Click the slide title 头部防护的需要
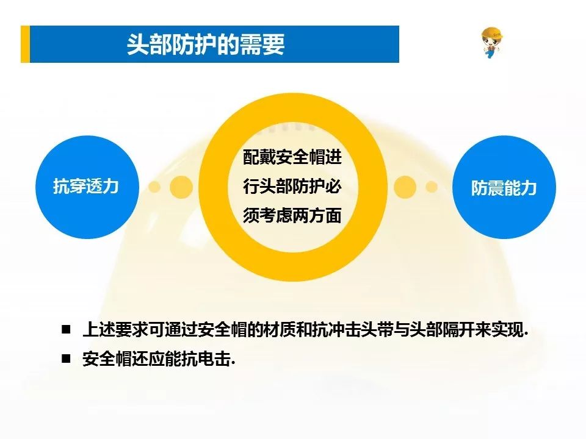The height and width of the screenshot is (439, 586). [206, 45]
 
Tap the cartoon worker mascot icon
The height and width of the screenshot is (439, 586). [491, 43]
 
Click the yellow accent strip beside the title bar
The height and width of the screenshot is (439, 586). [25, 44]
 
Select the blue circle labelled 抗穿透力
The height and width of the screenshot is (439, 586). [87, 187]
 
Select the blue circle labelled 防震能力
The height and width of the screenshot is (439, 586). [504, 187]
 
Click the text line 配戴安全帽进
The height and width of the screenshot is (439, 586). [292, 157]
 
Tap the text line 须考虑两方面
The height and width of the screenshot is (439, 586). [292, 215]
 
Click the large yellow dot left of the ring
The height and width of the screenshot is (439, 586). [181, 187]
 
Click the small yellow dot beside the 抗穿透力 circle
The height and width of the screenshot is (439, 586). [154, 187]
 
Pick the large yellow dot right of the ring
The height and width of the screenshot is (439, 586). [405, 187]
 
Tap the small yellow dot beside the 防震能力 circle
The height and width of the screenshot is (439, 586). [432, 187]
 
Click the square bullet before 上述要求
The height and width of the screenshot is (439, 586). [66, 329]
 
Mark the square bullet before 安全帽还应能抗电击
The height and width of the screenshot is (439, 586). [66, 359]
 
